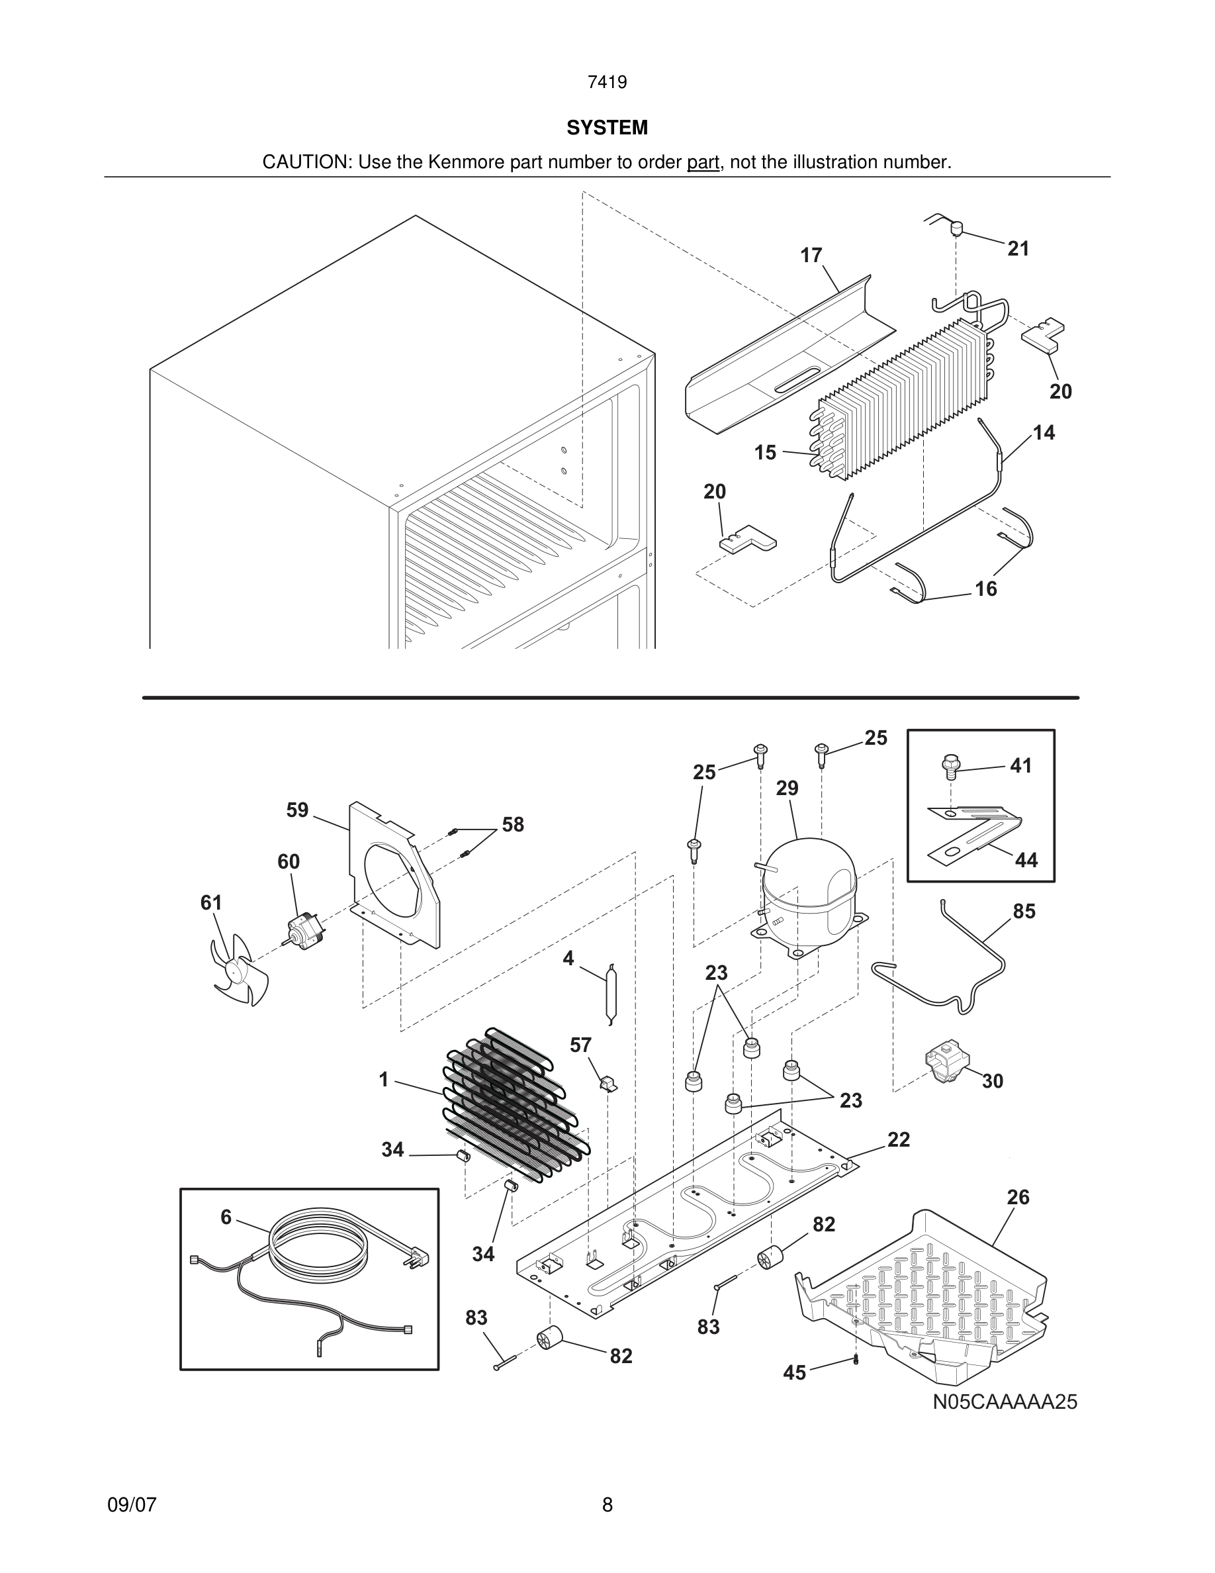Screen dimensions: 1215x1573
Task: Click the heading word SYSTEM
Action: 607,128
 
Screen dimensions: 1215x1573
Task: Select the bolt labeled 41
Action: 950,768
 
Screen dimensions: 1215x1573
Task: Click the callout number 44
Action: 1026,860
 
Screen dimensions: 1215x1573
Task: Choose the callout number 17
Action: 811,256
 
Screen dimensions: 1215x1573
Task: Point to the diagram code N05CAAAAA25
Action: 1005,1422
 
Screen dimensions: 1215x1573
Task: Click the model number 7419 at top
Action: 607,83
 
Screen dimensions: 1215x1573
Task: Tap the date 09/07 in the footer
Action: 132,1505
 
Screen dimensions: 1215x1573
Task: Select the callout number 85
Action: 1024,911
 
